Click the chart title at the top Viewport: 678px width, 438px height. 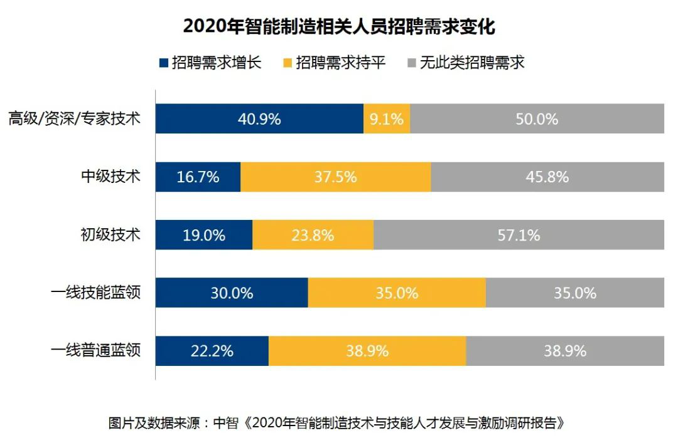[x=339, y=27]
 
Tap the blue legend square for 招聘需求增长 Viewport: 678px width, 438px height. [x=164, y=63]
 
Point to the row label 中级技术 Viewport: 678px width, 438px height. [x=111, y=177]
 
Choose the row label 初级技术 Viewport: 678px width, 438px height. [x=111, y=235]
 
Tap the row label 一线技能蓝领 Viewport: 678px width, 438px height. [x=95, y=293]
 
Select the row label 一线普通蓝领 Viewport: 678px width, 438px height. [x=95, y=350]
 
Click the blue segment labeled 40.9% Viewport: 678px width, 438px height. [x=259, y=118]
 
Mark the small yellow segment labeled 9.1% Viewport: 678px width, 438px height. [x=387, y=118]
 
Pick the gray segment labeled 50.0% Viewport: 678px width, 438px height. [x=537, y=118]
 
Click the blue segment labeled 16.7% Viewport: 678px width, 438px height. [x=198, y=177]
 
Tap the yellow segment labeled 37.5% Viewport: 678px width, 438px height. [x=336, y=177]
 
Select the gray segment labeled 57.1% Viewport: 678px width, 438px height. [x=519, y=235]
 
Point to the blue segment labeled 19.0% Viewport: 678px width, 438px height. [x=204, y=235]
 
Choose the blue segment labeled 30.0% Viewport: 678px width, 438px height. [x=232, y=293]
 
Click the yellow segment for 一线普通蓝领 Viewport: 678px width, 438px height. [x=367, y=350]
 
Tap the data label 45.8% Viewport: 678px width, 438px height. [x=547, y=177]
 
